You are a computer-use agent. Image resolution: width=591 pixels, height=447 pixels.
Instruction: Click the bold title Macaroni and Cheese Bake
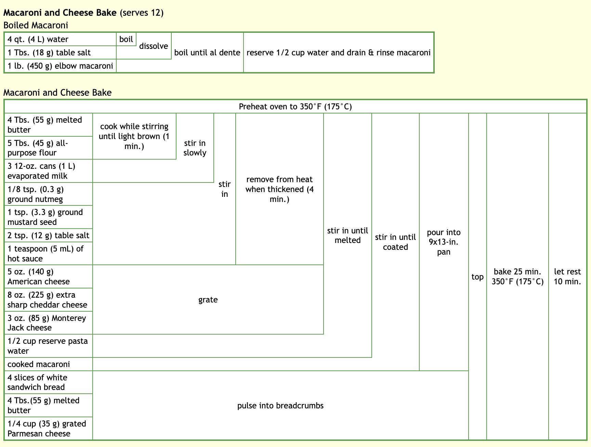[60, 13]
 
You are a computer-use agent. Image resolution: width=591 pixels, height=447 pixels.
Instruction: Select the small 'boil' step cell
[126, 39]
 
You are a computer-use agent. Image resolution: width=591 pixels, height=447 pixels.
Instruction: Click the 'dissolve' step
[154, 46]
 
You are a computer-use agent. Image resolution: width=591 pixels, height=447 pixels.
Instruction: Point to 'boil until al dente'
[207, 53]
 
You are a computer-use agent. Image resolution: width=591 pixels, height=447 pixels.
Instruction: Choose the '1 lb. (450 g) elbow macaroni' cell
[60, 66]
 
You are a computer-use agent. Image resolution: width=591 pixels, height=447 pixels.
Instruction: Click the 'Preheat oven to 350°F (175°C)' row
[295, 107]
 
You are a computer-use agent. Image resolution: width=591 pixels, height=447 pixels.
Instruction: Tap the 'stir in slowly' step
[195, 148]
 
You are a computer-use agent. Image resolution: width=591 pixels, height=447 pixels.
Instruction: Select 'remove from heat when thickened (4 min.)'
[279, 189]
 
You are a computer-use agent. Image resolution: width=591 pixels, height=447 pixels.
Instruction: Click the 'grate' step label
[208, 300]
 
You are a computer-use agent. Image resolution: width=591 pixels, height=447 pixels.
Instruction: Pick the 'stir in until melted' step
[347, 235]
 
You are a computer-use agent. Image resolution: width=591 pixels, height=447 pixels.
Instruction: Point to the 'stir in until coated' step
[395, 242]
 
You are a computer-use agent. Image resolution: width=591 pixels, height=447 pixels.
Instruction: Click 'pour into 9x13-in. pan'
[444, 242]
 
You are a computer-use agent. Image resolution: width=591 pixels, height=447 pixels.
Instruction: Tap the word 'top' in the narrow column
[477, 277]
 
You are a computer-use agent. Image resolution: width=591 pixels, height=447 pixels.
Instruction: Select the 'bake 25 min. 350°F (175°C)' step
[517, 276]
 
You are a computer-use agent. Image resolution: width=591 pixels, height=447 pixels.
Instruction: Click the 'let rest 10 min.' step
[567, 276]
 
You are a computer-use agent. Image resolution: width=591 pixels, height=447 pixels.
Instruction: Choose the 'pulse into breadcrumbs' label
[280, 406]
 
